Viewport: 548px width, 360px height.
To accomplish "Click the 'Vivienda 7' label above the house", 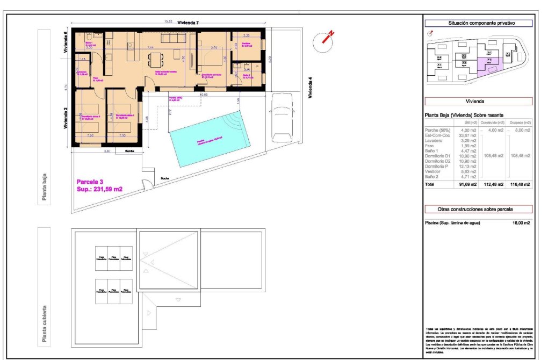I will pos(189,23).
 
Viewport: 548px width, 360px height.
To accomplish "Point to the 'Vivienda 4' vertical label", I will pos(310,89).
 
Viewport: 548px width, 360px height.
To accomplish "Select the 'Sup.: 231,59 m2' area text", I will pos(99,189).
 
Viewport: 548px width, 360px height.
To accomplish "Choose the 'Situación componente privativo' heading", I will pos(478,24).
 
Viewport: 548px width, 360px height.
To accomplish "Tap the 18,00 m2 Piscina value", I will pos(522,222).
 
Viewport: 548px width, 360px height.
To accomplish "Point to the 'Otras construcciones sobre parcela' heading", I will pos(478,209).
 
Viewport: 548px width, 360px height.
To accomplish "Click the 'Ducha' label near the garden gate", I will pos(165,179).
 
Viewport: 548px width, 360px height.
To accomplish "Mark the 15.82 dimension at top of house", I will pos(168,22).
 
